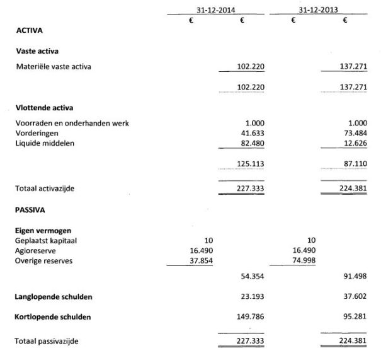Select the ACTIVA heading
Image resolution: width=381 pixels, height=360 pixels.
(x=28, y=30)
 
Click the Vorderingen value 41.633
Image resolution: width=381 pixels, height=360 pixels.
(x=252, y=133)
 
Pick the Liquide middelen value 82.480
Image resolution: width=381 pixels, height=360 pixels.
(x=252, y=143)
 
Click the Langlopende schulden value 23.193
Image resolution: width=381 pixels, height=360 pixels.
(x=252, y=296)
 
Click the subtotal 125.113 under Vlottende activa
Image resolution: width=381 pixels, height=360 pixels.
(x=249, y=164)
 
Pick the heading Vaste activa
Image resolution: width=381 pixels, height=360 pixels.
(x=37, y=51)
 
